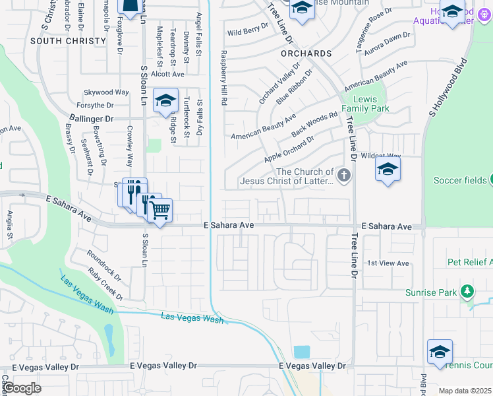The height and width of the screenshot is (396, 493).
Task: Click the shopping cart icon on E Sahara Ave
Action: pos(160,210)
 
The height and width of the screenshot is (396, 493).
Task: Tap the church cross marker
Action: pos(343,175)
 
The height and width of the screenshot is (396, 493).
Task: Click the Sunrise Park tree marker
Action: pos(467,290)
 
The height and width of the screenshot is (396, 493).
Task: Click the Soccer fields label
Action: pos(460,180)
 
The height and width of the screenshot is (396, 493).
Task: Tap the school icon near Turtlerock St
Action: pos(166,100)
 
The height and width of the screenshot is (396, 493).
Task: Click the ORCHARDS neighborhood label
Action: pos(305,53)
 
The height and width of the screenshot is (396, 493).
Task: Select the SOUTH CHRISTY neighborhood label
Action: pos(68,41)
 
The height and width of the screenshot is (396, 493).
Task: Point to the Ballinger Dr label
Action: pos(91,119)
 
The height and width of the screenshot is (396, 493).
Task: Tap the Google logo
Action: pos(22,388)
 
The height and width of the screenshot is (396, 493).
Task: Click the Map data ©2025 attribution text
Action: pos(465,391)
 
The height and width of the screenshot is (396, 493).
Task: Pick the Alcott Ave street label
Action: pos(167,75)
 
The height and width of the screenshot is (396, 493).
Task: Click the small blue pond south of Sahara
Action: pos(301,352)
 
